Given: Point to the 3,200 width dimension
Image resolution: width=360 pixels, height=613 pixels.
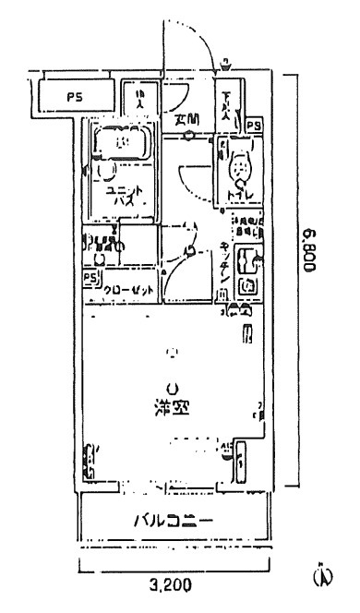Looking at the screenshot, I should tap(170, 583).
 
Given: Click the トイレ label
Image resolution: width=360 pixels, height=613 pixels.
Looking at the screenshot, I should tap(239, 195).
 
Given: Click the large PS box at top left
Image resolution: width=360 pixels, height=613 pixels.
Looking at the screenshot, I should tap(73, 95).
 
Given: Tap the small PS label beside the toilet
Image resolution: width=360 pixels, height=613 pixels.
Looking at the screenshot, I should tap(254, 125).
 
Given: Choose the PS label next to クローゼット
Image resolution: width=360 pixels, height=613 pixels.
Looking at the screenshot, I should tap(90, 276).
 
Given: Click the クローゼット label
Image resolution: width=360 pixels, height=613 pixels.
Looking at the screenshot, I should tap(128, 289).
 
